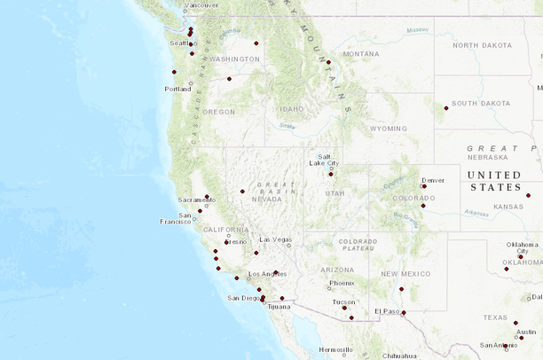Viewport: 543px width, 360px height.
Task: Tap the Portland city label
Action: [177, 89]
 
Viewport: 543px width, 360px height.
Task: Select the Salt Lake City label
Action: [324, 160]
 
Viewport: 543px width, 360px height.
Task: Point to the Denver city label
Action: [433, 180]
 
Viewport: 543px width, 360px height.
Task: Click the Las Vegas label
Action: [275, 240]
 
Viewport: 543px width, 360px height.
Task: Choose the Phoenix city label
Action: [342, 284]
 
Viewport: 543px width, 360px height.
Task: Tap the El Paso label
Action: [388, 311]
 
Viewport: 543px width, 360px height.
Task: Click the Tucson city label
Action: [344, 301]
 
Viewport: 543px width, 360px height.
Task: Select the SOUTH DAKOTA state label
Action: [481, 104]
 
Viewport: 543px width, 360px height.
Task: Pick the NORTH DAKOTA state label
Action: [483, 45]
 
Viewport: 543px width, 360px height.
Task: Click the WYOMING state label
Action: [388, 129]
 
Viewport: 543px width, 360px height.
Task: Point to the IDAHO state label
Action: [291, 109]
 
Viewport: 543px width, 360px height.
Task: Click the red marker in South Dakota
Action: [446, 108]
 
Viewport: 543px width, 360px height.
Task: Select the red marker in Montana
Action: [328, 62]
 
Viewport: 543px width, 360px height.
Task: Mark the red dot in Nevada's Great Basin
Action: [242, 191]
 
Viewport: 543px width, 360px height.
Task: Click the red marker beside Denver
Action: [424, 186]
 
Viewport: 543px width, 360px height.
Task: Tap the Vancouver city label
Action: [201, 5]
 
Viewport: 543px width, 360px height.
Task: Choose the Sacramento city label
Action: [196, 200]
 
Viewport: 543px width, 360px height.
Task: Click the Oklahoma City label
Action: [523, 247]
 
